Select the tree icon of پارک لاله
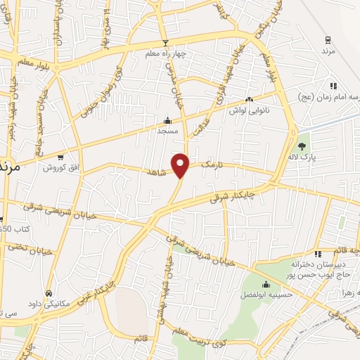[302, 146]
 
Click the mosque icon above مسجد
[167, 120]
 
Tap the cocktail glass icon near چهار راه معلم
[164, 42]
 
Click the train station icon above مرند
[327, 39]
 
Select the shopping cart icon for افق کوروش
[62, 157]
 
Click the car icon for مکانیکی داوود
[48, 292]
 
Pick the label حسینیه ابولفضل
[266, 297]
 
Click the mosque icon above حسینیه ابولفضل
[266, 285]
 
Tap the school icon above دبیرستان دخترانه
[318, 253]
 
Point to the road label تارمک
[212, 164]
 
